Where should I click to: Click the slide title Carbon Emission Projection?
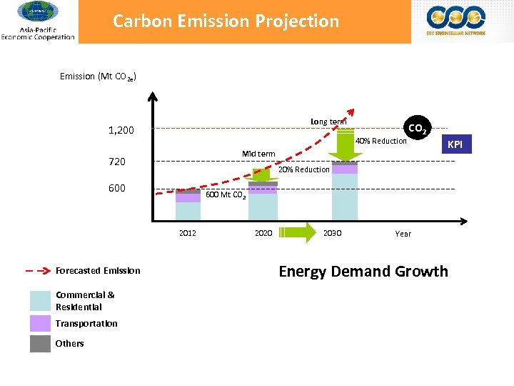click(226, 21)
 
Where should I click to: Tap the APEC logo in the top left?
click(37, 21)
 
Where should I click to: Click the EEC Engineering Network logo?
click(455, 21)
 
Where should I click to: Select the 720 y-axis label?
click(116, 162)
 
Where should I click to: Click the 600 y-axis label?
click(116, 188)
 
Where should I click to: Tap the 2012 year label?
click(188, 233)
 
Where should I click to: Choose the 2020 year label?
click(263, 233)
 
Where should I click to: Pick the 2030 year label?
click(333, 233)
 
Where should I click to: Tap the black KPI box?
click(455, 146)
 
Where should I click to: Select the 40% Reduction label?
click(381, 141)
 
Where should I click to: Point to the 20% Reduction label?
click(303, 169)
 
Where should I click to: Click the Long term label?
click(328, 122)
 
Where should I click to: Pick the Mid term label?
click(258, 154)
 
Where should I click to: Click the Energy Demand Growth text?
click(363, 272)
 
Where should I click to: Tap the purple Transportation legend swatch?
click(40, 323)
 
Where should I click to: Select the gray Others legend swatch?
click(40, 343)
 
